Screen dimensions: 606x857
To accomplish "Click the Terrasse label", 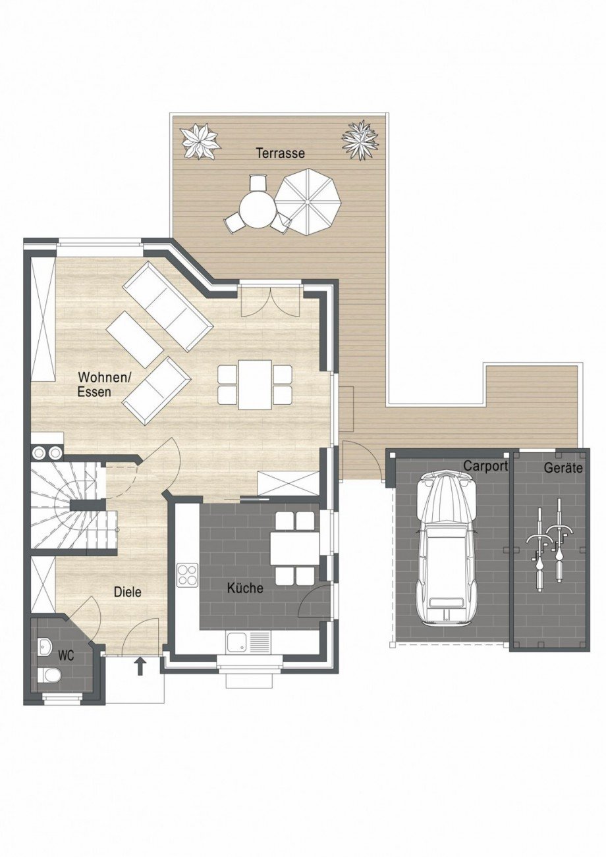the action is coord(281,153).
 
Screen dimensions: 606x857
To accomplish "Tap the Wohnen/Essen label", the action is coord(105,384).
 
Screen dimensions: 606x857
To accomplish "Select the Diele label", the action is coord(128,592).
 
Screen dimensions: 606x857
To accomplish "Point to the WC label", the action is coord(66,656).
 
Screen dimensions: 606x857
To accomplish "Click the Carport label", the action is coord(486,466).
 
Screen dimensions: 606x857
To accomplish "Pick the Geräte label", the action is coord(563,468).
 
